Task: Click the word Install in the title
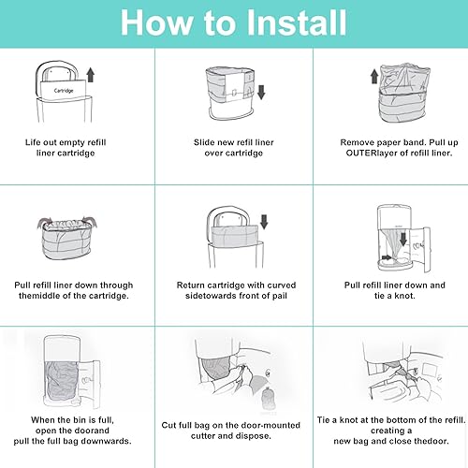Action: (x=297, y=22)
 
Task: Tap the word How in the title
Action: (x=156, y=22)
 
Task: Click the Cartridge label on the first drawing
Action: (x=64, y=91)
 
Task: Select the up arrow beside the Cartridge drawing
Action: (x=91, y=75)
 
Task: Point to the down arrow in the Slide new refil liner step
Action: (x=261, y=92)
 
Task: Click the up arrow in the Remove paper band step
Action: (x=374, y=77)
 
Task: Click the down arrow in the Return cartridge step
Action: (x=264, y=222)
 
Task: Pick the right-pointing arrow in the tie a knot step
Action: (x=387, y=257)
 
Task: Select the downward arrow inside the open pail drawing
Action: (x=403, y=239)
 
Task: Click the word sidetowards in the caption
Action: (x=211, y=296)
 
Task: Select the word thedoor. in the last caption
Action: (x=431, y=441)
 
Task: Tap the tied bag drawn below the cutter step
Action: (x=268, y=399)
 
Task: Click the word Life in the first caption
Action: (x=32, y=142)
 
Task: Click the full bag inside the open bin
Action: (x=62, y=381)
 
